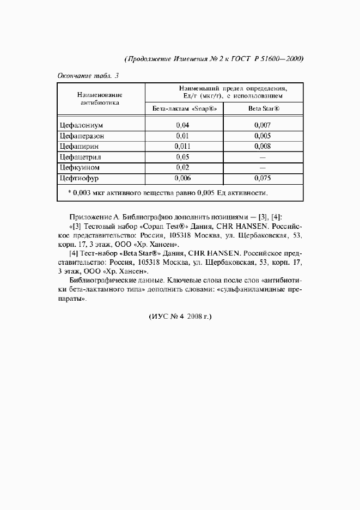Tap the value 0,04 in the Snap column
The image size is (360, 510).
pos(182,125)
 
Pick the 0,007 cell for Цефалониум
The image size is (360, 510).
pos(262,125)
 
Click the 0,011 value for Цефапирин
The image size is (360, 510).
pos(182,147)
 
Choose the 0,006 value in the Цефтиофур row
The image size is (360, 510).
pos(182,178)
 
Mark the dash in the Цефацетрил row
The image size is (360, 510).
pos(263,157)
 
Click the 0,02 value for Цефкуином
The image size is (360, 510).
pos(182,167)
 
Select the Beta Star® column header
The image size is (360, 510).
pos(264,108)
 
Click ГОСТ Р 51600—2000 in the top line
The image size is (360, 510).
pos(268,58)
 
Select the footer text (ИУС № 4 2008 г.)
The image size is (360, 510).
pos(179,316)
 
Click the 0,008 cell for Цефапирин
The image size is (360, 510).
pos(262,147)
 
